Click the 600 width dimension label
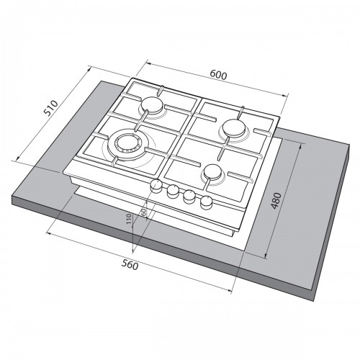point(218,75)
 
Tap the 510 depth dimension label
point(51,108)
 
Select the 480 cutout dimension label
point(276,201)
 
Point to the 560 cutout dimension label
point(130,265)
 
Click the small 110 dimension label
point(129,219)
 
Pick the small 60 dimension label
point(143,212)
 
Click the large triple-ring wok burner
point(126,146)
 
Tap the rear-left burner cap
point(152,105)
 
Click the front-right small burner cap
point(213,172)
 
